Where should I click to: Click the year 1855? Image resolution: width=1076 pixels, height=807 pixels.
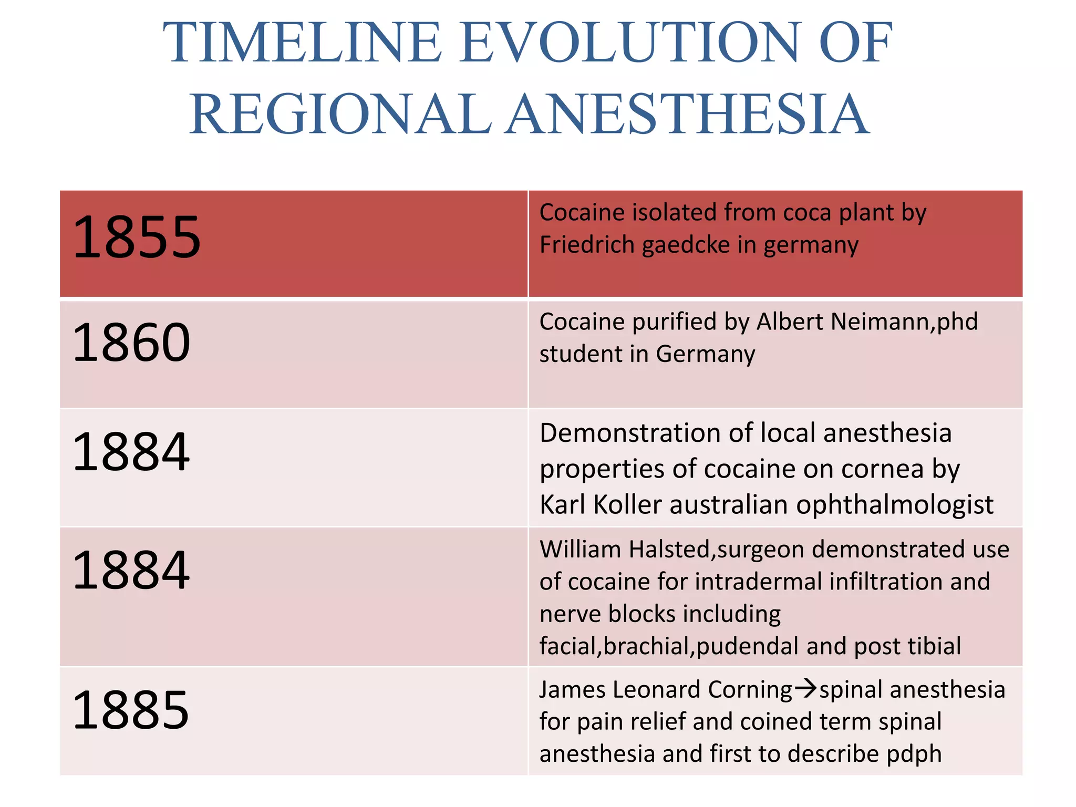click(x=137, y=238)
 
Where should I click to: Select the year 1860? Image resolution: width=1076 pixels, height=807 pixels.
click(x=131, y=343)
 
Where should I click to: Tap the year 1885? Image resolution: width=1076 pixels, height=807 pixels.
click(x=131, y=710)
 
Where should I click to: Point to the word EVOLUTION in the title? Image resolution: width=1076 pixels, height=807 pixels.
click(x=630, y=43)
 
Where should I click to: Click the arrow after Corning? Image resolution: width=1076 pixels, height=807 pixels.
click(x=805, y=688)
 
